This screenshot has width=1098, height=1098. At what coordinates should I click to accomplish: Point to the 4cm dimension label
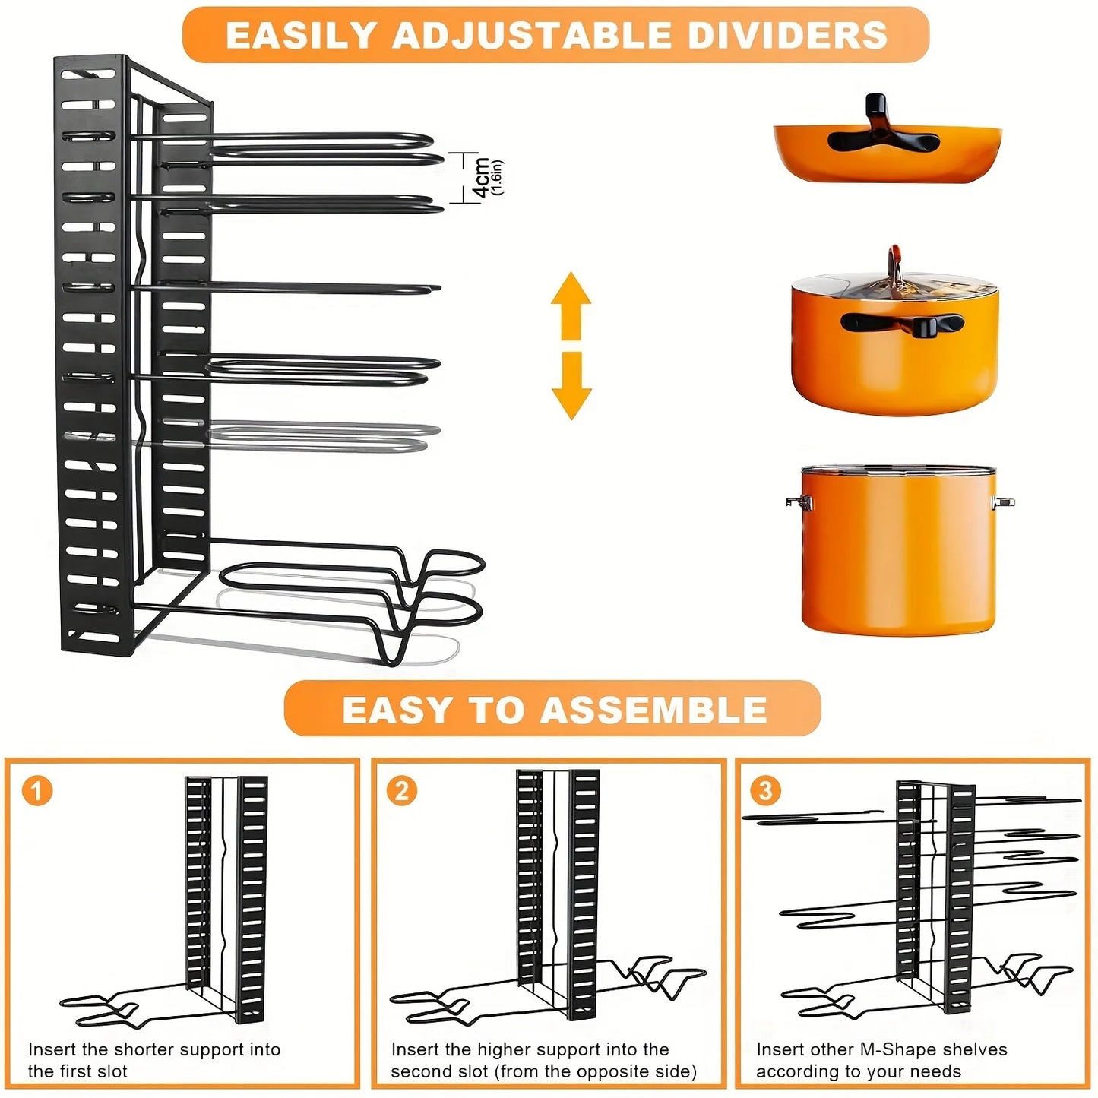[481, 178]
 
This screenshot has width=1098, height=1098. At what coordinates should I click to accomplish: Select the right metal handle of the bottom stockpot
[1002, 502]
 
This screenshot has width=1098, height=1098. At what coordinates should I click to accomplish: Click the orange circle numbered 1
[37, 790]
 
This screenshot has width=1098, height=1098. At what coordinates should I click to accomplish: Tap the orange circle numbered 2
[402, 790]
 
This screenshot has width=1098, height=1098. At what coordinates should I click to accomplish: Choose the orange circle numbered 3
[766, 790]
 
